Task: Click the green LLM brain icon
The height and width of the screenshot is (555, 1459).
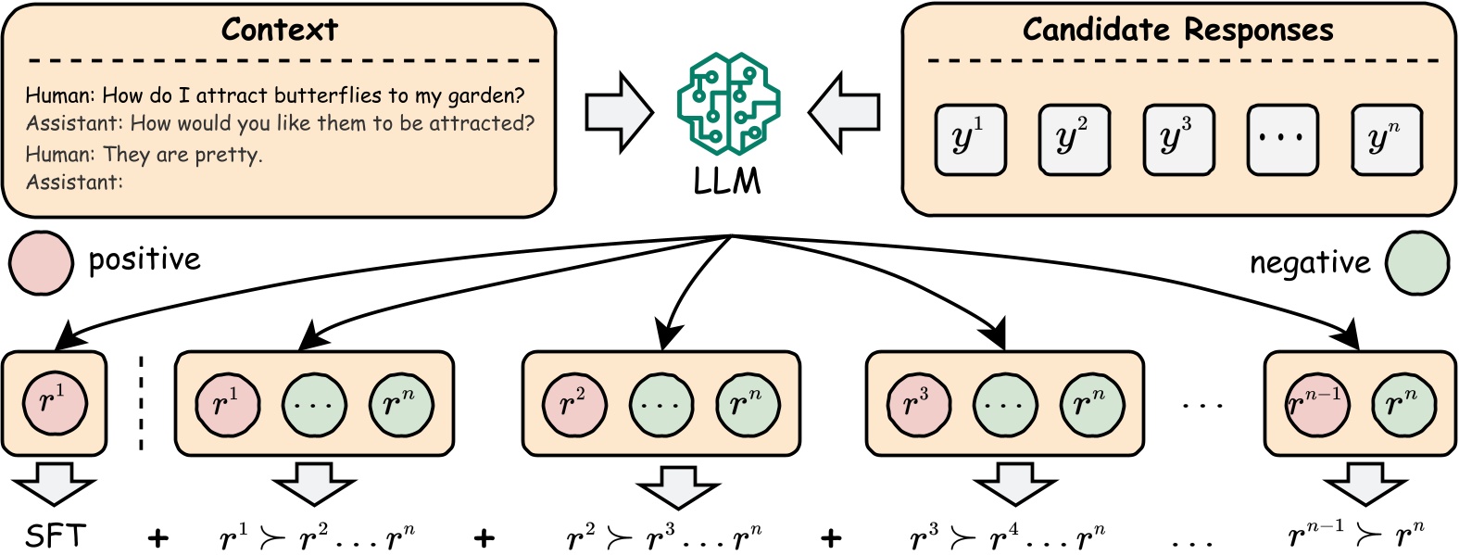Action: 728,104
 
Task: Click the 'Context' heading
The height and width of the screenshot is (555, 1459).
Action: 279,30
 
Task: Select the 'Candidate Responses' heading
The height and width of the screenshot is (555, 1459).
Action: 1177,30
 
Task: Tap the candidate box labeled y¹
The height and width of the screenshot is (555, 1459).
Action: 970,140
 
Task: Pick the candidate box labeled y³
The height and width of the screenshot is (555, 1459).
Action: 1177,140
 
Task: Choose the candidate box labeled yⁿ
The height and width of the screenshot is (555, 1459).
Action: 1386,140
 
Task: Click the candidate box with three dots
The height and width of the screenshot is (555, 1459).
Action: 1281,140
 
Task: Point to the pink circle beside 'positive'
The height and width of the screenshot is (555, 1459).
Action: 41,262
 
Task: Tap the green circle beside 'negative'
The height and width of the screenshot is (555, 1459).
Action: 1416,263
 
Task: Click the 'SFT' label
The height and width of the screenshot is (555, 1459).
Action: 56,536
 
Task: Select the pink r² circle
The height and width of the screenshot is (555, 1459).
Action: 574,404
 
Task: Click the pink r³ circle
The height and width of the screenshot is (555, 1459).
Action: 917,404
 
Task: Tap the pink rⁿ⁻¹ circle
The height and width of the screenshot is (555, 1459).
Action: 1315,404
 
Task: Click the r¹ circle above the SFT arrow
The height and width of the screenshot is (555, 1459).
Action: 55,402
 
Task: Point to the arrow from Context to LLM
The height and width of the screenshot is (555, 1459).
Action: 619,113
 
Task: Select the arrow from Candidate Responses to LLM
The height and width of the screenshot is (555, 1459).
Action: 843,113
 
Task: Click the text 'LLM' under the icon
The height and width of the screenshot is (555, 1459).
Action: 727,181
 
